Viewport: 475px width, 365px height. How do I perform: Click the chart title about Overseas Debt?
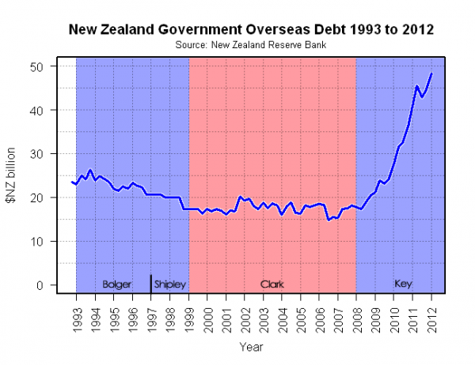[x=251, y=30]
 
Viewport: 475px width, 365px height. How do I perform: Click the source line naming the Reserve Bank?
[x=251, y=45]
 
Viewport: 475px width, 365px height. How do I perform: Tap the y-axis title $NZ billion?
[x=13, y=175]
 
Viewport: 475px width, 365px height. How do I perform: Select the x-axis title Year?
[x=251, y=346]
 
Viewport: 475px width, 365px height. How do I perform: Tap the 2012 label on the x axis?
[x=432, y=314]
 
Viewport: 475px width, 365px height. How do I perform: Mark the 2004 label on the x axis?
[x=283, y=314]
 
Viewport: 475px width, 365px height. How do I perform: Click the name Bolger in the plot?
[x=117, y=284]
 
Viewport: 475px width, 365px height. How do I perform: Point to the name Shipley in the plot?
[x=169, y=284]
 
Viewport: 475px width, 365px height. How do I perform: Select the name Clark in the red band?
[x=272, y=284]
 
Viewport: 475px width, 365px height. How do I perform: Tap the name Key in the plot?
[x=403, y=284]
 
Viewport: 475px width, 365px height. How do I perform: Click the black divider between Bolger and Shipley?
[x=150, y=283]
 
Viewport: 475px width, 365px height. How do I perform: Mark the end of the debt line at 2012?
[x=431, y=73]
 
